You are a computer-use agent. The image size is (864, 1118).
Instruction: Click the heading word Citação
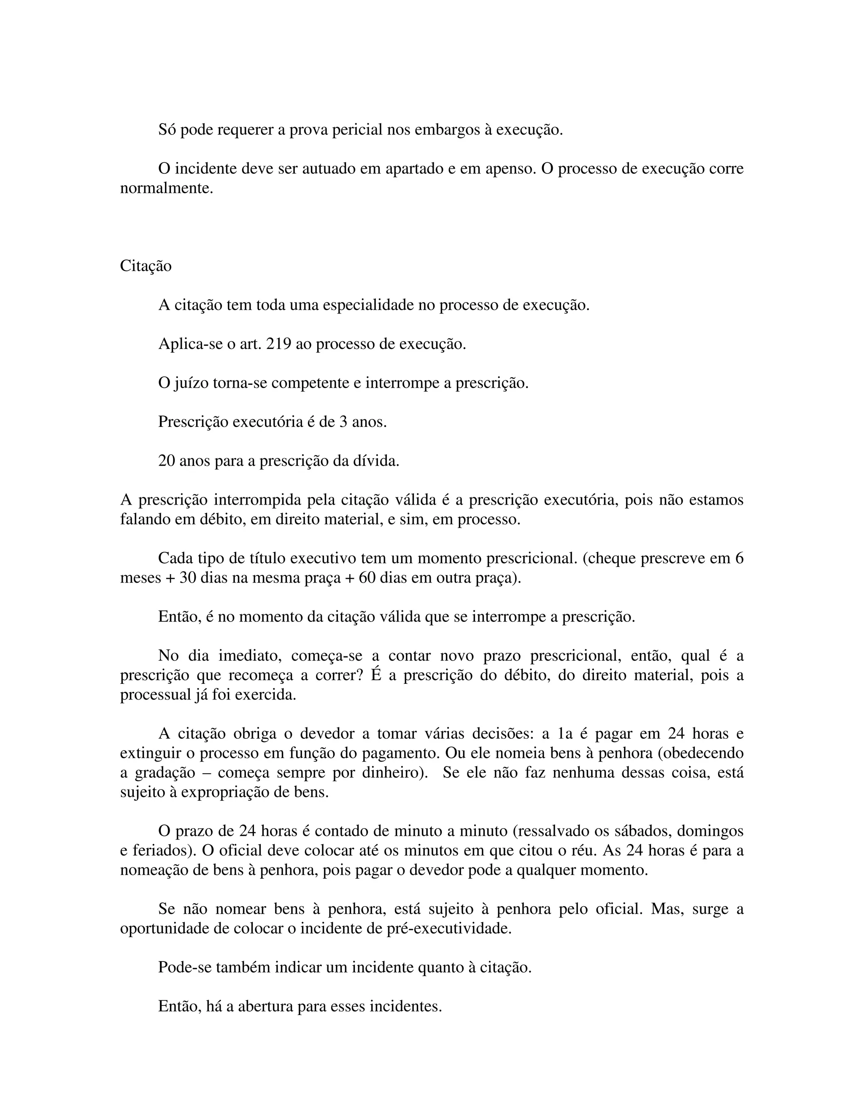[x=146, y=266]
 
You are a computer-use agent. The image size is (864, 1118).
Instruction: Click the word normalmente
[x=166, y=189]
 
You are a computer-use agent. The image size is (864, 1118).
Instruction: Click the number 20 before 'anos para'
[x=167, y=461]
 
